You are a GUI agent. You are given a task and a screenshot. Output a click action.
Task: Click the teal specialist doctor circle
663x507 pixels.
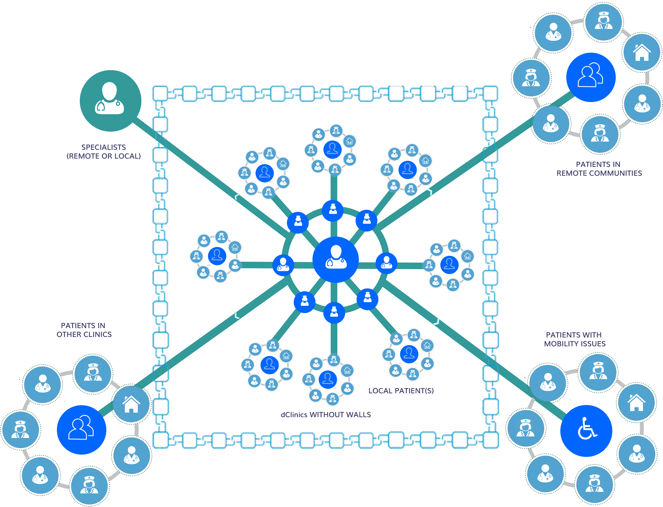click(110, 101)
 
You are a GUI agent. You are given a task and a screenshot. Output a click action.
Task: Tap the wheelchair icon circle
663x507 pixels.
click(586, 431)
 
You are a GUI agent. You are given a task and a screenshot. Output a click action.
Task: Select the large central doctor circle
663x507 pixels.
click(336, 260)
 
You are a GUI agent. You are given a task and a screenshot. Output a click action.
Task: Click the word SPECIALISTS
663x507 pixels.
click(104, 147)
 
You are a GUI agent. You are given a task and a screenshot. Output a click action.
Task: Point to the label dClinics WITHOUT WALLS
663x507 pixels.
click(326, 415)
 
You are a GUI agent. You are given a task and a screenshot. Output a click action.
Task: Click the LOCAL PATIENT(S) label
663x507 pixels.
click(401, 391)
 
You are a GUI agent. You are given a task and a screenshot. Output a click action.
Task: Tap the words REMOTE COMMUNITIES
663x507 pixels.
click(599, 173)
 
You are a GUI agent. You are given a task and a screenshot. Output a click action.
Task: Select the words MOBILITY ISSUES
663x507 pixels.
click(575, 344)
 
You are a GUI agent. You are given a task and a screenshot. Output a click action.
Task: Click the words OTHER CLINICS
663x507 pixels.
click(84, 334)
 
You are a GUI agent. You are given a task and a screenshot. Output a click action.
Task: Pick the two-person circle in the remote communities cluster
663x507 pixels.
click(591, 77)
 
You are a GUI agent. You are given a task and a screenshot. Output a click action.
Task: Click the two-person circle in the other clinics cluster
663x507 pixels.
click(82, 430)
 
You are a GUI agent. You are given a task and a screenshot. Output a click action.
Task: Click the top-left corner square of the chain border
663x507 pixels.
click(160, 93)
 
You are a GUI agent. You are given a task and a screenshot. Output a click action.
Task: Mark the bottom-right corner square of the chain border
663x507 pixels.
click(490, 440)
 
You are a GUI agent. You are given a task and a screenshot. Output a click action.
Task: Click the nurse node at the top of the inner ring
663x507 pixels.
click(333, 210)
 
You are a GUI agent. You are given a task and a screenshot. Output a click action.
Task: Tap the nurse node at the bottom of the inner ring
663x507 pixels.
click(334, 313)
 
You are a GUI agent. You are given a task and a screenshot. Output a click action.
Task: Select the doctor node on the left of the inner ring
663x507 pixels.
click(283, 265)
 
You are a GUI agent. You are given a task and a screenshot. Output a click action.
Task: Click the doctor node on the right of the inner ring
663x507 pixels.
click(386, 263)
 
